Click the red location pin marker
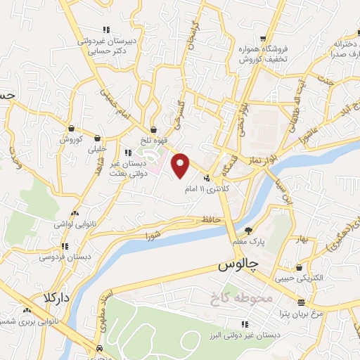click(x=181, y=165)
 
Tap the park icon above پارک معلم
click(x=248, y=231)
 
